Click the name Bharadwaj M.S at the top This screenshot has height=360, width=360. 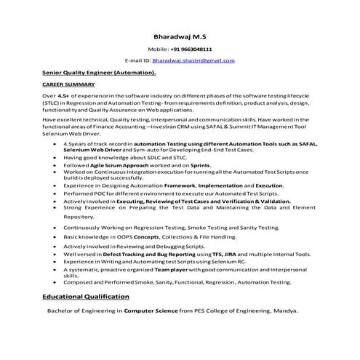(x=179, y=36)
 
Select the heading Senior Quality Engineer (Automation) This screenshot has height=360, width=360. (x=99, y=73)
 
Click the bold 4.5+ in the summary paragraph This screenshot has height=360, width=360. (x=63, y=95)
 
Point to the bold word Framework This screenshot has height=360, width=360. (x=182, y=186)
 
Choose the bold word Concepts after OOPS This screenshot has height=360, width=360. (x=143, y=237)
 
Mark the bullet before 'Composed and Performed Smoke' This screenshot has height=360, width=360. (x=56, y=282)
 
